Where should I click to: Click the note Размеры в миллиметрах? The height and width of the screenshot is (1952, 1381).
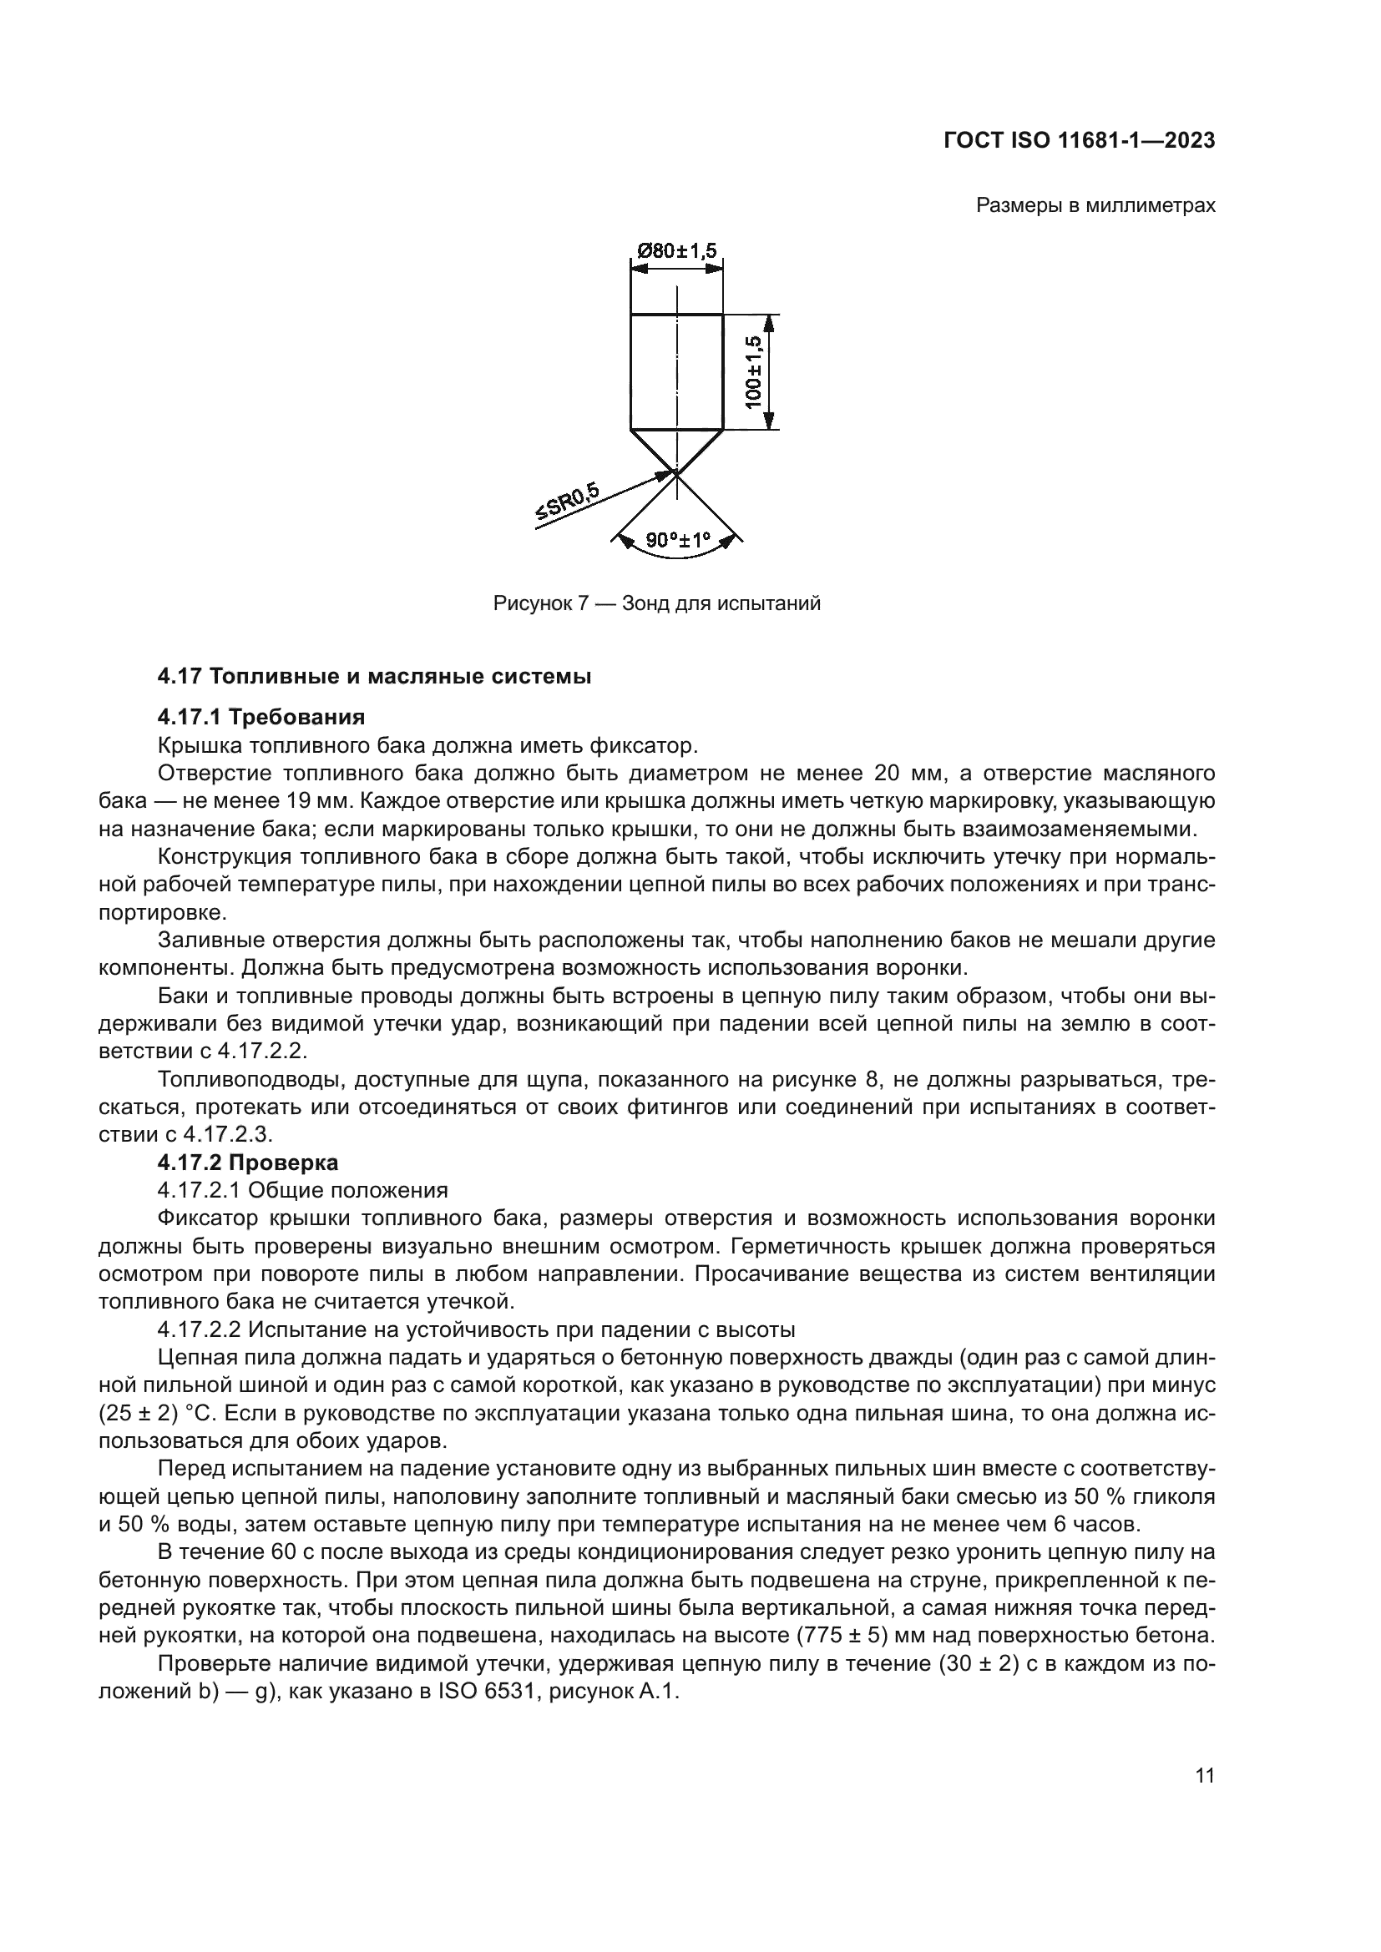point(1095,206)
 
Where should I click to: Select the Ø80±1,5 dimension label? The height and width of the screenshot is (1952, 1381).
point(677,251)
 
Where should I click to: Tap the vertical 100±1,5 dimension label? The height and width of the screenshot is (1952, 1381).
point(753,371)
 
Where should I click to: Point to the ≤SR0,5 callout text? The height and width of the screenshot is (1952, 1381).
point(567,502)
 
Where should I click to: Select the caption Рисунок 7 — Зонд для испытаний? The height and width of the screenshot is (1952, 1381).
point(656,603)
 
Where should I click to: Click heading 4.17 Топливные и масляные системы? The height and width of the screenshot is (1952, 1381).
point(374,677)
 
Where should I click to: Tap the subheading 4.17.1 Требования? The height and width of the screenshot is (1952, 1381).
point(262,717)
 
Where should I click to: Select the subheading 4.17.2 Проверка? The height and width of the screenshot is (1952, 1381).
point(248,1163)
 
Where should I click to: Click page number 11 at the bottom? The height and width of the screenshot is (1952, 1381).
point(1204,1776)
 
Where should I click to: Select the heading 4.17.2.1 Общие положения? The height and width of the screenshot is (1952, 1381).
point(303,1190)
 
